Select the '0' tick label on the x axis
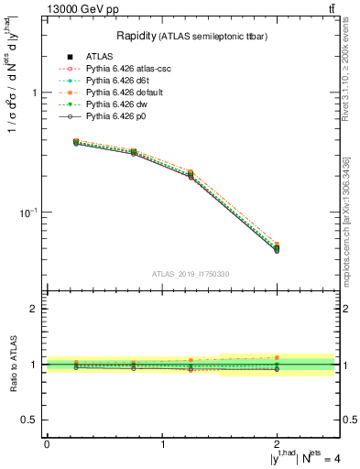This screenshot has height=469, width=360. [47, 444]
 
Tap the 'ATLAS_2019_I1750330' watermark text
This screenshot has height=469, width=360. [191, 274]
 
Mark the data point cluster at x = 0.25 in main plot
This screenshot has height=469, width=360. [76, 143]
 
